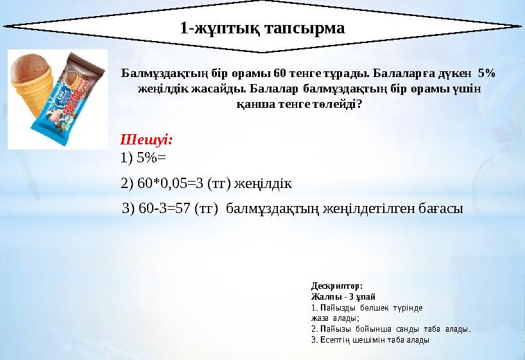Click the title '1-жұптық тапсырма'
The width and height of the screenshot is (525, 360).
[262, 28]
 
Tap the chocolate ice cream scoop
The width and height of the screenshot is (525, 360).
[32, 66]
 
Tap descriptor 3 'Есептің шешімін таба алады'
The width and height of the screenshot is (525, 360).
[370, 340]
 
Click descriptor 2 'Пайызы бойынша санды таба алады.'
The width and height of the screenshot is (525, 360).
[390, 329]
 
